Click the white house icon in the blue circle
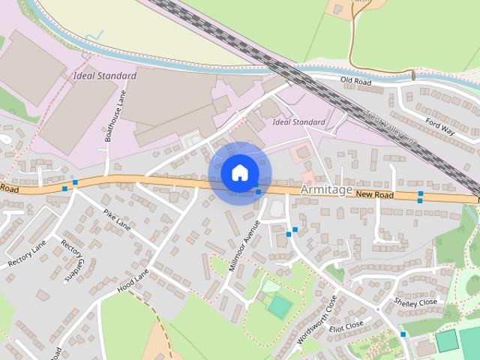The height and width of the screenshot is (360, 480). point(239,173)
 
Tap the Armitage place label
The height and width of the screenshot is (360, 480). point(326,190)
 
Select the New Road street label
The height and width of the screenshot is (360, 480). point(374,195)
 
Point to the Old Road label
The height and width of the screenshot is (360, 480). point(356,79)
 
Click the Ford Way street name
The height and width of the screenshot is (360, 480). point(439,125)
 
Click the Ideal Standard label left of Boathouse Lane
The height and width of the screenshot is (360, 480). point(105,76)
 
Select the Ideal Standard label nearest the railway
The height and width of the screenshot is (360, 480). point(299,121)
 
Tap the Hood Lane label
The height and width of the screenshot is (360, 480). point(133,280)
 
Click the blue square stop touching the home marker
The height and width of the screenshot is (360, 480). point(258,192)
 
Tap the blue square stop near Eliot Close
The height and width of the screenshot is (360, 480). point(403,334)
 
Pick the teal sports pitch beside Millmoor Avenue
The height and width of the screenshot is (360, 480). point(279,306)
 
